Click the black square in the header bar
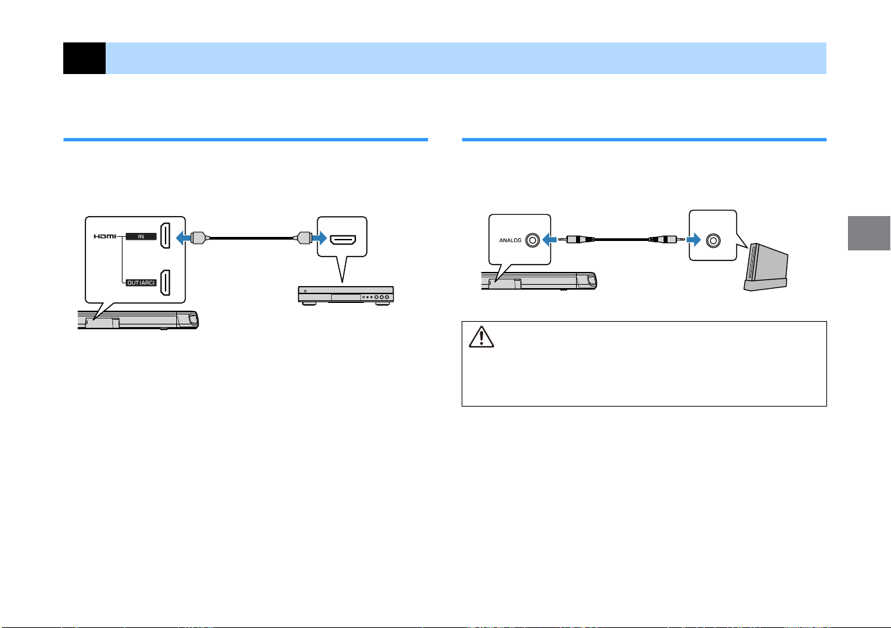[x=84, y=58]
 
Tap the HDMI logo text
[x=105, y=236]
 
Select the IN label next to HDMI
[x=141, y=236]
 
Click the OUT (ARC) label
[x=141, y=283]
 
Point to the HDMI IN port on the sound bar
[x=165, y=236]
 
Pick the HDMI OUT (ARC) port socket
[x=165, y=283]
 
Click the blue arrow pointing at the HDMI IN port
[x=183, y=238]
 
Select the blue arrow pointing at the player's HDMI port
[x=320, y=238]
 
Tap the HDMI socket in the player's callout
[x=343, y=240]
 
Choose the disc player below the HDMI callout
[x=346, y=295]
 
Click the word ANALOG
[x=510, y=240]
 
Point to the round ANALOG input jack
[x=532, y=240]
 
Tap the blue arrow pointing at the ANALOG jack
[x=549, y=240]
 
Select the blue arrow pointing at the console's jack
[x=693, y=240]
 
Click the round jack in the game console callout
[x=713, y=240]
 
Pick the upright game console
[x=766, y=267]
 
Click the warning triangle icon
[x=481, y=337]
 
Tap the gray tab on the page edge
[x=869, y=233]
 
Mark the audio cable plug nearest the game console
[x=667, y=240]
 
